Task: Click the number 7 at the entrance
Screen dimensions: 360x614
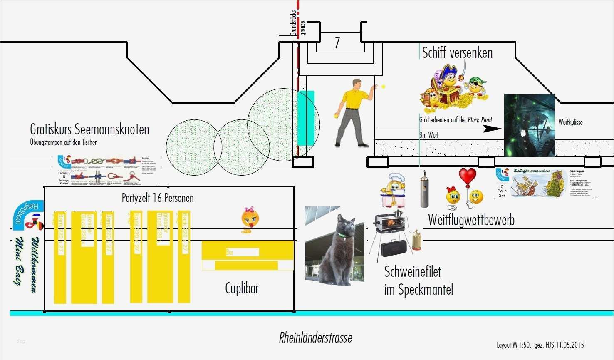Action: (x=337, y=43)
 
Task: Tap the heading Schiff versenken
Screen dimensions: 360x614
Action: (x=457, y=53)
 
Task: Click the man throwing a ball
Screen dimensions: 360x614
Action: (x=354, y=112)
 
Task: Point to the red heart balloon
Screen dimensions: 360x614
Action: (x=468, y=176)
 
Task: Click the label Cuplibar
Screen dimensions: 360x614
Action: (x=242, y=288)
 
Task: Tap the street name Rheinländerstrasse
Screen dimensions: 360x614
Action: (x=315, y=338)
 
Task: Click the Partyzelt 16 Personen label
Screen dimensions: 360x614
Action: (x=158, y=198)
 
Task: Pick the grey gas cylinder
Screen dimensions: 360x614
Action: (x=424, y=189)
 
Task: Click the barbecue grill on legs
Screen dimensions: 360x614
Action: (x=389, y=233)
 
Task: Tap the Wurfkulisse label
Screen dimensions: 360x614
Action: (x=570, y=122)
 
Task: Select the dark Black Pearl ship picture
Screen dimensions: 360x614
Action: (x=529, y=125)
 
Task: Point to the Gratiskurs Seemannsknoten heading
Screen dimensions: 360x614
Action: (x=89, y=129)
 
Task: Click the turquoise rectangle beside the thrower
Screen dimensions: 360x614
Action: (x=306, y=118)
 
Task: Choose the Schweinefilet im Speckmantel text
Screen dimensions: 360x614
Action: (x=418, y=280)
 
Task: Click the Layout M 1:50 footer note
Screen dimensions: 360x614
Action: (x=540, y=345)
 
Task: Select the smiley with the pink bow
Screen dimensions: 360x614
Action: (x=250, y=219)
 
